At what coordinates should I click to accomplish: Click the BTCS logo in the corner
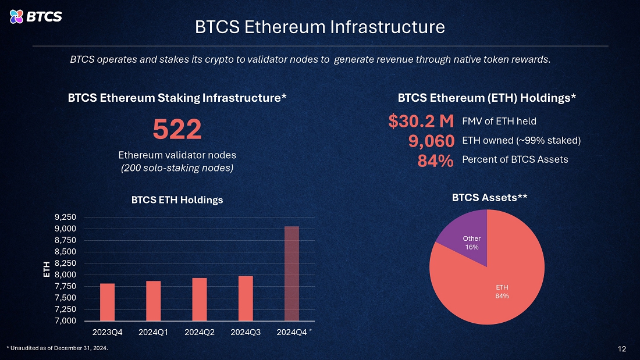click(35, 16)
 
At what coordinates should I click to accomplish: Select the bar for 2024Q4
click(292, 273)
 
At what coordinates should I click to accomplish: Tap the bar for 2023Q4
click(108, 302)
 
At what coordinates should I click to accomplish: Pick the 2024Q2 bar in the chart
click(200, 300)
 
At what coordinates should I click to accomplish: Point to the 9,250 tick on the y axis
click(65, 217)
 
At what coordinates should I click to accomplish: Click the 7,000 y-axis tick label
click(65, 321)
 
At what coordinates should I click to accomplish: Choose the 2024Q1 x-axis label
click(153, 332)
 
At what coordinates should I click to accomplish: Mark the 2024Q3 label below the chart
click(246, 332)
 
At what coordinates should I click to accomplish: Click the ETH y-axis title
click(47, 269)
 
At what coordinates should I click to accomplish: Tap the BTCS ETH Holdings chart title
click(177, 200)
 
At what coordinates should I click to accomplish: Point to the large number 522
click(177, 129)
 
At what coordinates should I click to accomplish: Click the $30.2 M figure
click(421, 121)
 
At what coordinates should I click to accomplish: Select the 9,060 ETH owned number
click(432, 141)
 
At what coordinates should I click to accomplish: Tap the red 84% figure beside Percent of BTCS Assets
click(436, 161)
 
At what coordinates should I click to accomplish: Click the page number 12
click(621, 348)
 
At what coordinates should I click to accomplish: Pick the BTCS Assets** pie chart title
click(489, 198)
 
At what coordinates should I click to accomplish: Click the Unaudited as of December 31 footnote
click(58, 348)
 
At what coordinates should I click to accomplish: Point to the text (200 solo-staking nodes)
click(177, 168)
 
